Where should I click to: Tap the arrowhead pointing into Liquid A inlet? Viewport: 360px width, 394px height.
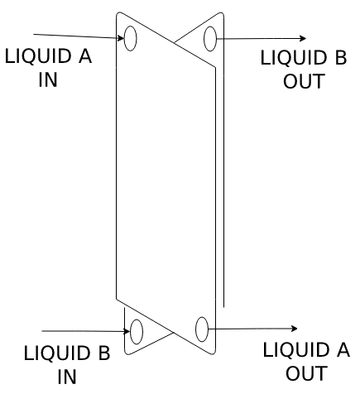coord(121,38)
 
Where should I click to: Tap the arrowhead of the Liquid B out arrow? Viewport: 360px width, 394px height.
coord(303,38)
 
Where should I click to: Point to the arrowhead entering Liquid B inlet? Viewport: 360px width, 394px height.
coord(127,331)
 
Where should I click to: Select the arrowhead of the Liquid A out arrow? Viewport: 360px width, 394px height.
coord(294,329)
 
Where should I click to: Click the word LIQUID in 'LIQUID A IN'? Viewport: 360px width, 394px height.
coord(38,56)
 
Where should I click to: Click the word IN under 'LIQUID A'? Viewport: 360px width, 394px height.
coord(48,79)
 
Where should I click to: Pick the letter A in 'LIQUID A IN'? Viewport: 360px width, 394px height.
coord(85,56)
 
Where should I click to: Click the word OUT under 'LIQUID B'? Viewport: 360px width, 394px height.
coord(304,81)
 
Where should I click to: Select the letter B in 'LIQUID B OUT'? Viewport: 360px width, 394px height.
coord(341,57)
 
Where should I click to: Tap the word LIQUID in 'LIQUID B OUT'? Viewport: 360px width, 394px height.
coord(294,58)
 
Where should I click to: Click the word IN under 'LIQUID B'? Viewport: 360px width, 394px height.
coord(67,377)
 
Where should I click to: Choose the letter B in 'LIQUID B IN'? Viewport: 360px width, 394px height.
coord(104,353)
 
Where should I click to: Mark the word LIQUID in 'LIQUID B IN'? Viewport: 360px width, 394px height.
coord(57,353)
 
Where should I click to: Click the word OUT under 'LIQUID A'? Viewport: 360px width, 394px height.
coord(306,373)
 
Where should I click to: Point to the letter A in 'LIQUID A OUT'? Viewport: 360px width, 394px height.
coord(343,349)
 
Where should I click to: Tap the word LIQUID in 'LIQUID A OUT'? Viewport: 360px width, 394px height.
coord(296,350)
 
